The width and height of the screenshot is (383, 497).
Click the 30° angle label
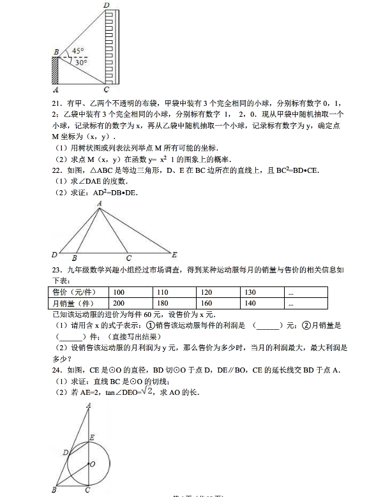[79, 63]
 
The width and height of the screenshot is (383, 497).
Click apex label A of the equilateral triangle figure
[100, 204]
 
